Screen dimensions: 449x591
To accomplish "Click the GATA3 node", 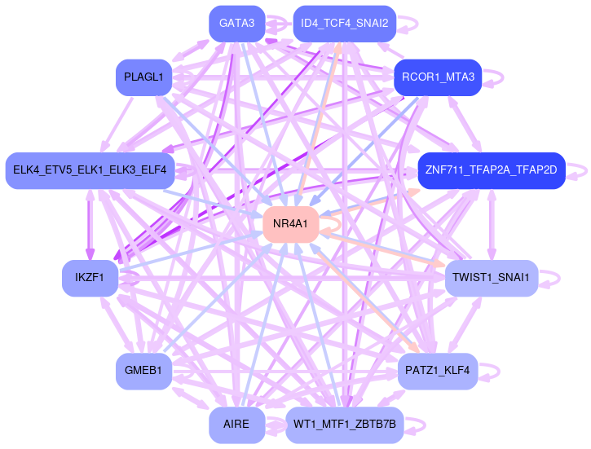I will (237, 24).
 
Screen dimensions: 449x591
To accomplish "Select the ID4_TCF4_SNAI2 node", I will (344, 24).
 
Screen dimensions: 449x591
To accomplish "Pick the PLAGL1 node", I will (143, 77).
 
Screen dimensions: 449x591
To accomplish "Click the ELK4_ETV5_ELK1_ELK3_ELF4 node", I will (90, 170).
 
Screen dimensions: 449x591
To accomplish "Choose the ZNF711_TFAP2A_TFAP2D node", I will (492, 170).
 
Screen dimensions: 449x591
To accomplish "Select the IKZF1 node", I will (90, 278).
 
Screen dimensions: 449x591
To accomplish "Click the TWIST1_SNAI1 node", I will (492, 278).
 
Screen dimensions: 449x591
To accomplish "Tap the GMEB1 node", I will (143, 371).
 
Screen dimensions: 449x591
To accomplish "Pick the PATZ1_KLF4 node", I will (439, 371).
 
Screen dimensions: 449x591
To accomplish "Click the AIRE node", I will (237, 425).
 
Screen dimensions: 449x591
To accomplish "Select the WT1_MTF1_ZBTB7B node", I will (344, 425).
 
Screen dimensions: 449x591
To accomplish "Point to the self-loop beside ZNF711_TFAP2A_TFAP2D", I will (580, 170).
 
